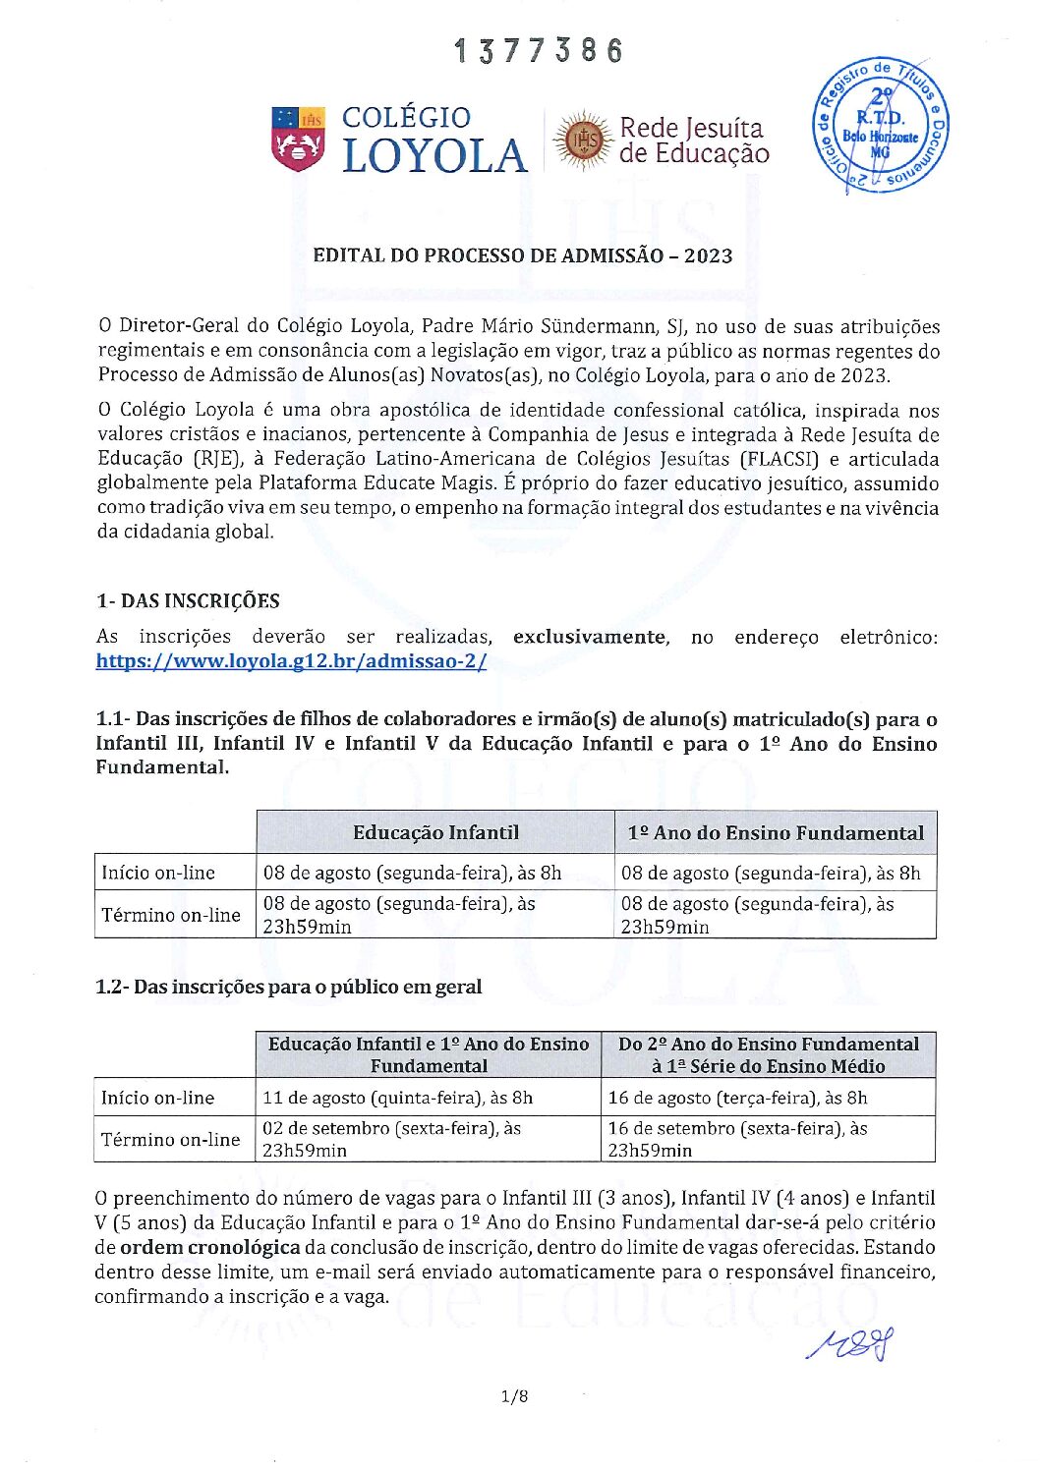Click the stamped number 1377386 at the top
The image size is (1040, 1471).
coord(539,51)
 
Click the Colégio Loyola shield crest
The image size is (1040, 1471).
coord(298,139)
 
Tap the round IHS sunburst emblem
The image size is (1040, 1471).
coord(581,141)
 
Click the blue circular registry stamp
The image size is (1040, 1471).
coord(880,126)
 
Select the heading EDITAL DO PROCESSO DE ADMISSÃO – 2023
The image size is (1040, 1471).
coord(522,255)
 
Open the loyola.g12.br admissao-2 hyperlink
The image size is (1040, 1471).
coord(291,661)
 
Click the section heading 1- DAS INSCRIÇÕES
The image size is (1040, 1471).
coord(188,601)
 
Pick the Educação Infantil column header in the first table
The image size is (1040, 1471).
coord(435,832)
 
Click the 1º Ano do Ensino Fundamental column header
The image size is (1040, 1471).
coord(776,833)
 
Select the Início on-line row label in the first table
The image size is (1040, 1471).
coord(158,873)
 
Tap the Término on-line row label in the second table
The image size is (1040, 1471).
coord(171,1140)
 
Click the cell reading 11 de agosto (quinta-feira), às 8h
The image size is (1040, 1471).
coord(398,1098)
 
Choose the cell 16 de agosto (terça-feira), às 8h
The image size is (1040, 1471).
coord(737,1098)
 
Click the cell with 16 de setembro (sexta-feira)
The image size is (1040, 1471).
coord(737,1139)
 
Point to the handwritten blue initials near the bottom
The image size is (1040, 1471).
coord(851,1343)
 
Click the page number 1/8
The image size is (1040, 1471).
coord(514,1396)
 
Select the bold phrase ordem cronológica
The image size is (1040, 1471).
coord(209,1247)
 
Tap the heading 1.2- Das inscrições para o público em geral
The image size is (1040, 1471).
coord(289,987)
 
